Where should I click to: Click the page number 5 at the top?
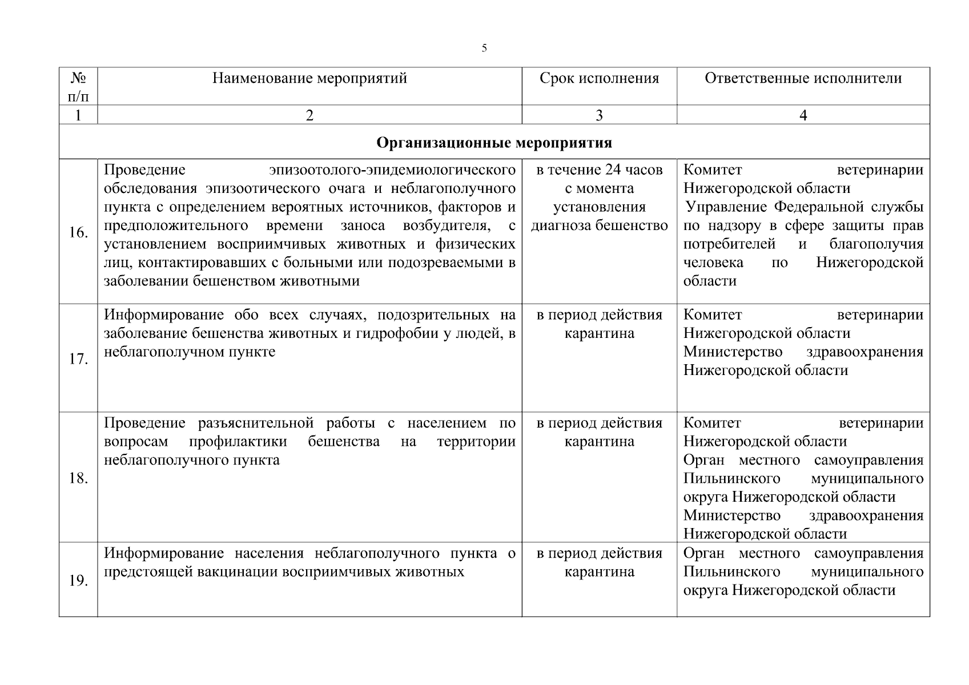pyautogui.click(x=484, y=48)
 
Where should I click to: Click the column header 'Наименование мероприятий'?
pyautogui.click(x=309, y=78)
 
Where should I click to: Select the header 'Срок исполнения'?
pyautogui.click(x=599, y=78)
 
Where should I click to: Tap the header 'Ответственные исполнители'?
pyautogui.click(x=803, y=78)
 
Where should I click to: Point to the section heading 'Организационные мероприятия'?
pyautogui.click(x=494, y=142)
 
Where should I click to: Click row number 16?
pyautogui.click(x=78, y=232)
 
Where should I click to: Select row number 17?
pyautogui.click(x=78, y=359)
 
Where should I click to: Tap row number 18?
pyautogui.click(x=78, y=478)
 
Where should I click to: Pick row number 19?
pyautogui.click(x=78, y=581)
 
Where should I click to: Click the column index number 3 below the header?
pyautogui.click(x=599, y=115)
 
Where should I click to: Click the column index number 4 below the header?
pyautogui.click(x=803, y=115)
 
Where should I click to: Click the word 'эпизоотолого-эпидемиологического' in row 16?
pyautogui.click(x=392, y=170)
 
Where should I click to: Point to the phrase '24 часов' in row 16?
pyautogui.click(x=637, y=170)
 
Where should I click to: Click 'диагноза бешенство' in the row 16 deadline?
pyautogui.click(x=599, y=225)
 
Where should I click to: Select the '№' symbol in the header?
pyautogui.click(x=78, y=77)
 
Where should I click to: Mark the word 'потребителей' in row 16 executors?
pyautogui.click(x=729, y=244)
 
